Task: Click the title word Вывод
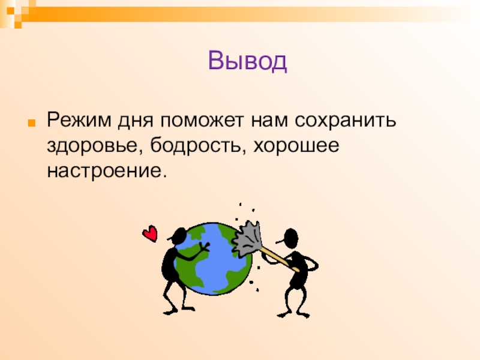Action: pyautogui.click(x=248, y=61)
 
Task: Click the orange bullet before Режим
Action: pyautogui.click(x=35, y=120)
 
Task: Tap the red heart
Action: pyautogui.click(x=150, y=233)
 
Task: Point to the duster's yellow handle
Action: pyautogui.click(x=277, y=257)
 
